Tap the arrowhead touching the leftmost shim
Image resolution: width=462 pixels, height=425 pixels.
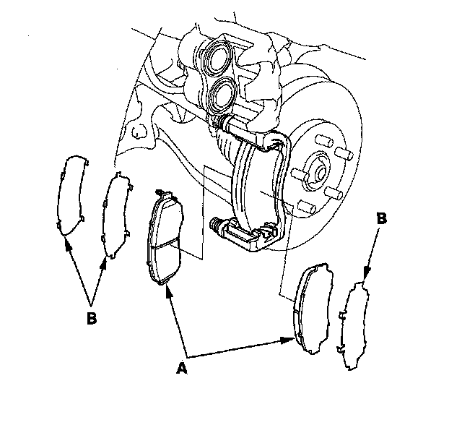tap(67, 243)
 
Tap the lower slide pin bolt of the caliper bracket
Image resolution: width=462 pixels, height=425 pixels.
tap(216, 226)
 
